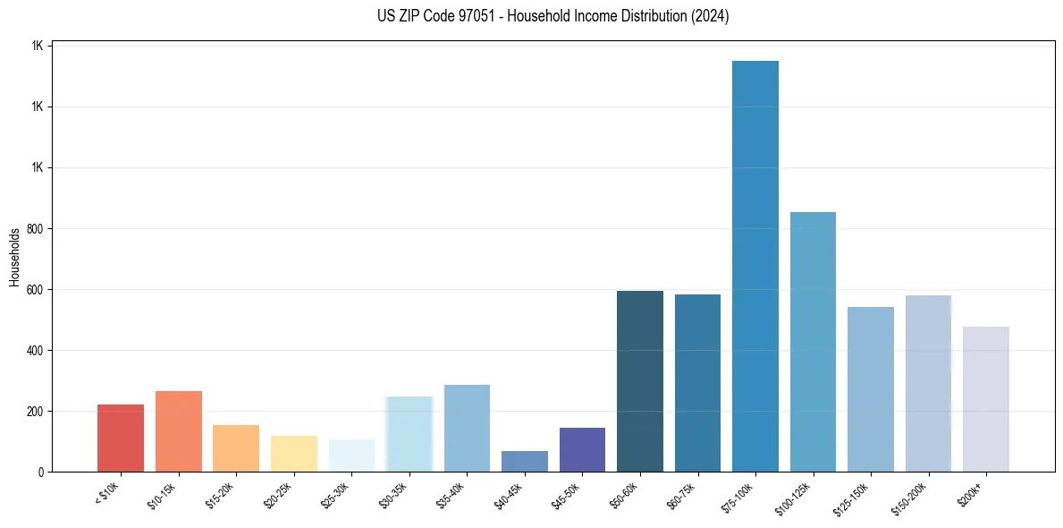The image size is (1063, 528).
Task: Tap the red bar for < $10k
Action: pos(121,438)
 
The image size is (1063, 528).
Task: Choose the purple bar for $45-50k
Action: pos(582,449)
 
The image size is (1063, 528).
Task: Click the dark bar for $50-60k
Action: pos(640,381)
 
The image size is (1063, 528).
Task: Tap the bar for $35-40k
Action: pos(467,428)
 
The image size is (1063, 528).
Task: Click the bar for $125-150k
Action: pos(871,389)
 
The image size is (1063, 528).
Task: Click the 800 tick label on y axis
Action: pos(35,228)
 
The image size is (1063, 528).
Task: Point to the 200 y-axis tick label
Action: pos(35,411)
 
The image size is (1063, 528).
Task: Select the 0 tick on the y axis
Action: pos(41,472)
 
